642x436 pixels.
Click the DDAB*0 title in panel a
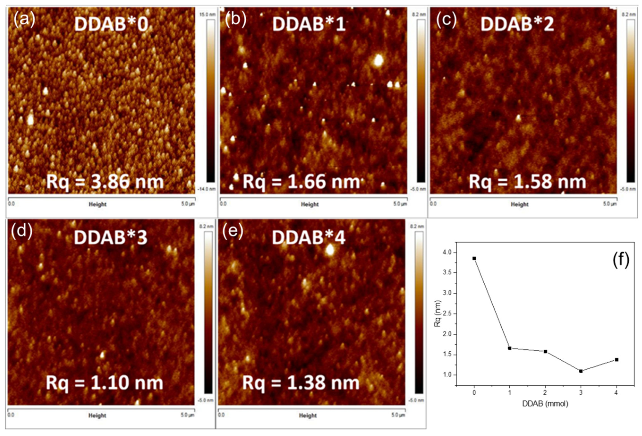(111, 24)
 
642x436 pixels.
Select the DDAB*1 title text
(309, 24)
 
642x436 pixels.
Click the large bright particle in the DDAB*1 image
(378, 61)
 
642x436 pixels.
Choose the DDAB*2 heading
(517, 24)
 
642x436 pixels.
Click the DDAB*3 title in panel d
(111, 238)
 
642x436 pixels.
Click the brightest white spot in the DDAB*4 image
(330, 250)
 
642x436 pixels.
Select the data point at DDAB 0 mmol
(474, 259)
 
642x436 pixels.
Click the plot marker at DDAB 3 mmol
(581, 371)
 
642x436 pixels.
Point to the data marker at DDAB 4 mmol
(616, 359)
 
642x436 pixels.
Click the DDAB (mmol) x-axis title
(545, 404)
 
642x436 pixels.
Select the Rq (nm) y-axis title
(437, 314)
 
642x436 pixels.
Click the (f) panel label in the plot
(621, 260)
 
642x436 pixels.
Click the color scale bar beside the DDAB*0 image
(210, 101)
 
